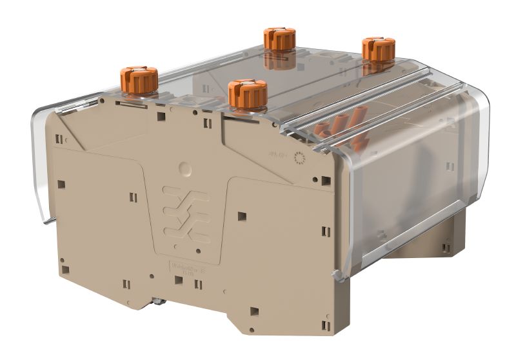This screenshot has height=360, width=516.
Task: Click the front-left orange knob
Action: tap(139, 80)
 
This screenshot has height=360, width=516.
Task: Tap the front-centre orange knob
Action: tap(248, 94)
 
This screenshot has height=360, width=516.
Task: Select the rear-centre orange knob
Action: tap(279, 39)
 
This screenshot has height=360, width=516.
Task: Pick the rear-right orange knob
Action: tap(378, 50)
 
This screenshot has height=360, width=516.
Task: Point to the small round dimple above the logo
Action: tap(185, 169)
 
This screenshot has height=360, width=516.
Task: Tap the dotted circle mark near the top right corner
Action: tap(298, 157)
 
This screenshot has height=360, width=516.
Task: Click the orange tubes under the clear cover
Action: tap(342, 126)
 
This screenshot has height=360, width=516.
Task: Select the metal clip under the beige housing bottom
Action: tap(160, 301)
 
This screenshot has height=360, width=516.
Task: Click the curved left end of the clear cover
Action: tap(40, 168)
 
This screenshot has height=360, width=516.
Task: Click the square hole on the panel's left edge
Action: tap(61, 184)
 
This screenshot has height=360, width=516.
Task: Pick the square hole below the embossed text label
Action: tap(178, 280)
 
